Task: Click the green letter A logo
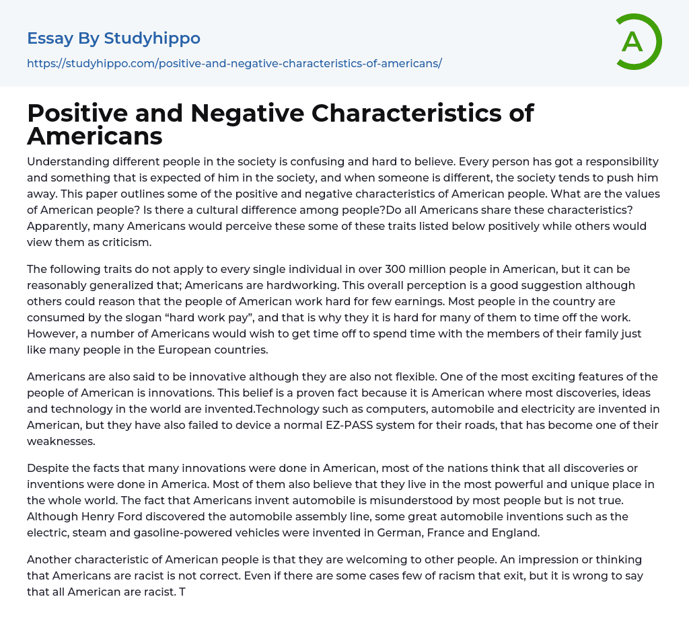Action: pyautogui.click(x=638, y=42)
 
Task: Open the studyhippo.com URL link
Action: pyautogui.click(x=234, y=64)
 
